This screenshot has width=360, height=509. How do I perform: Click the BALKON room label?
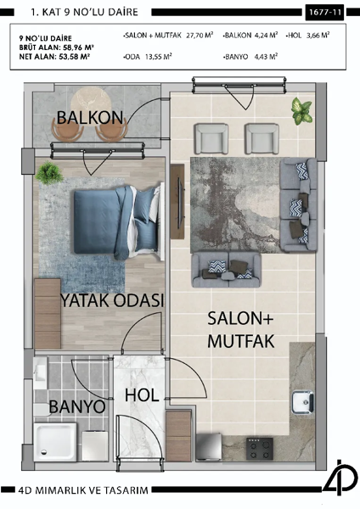click(90, 117)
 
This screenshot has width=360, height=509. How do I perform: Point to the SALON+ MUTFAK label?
click(239, 329)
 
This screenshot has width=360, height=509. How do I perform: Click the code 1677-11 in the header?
click(325, 13)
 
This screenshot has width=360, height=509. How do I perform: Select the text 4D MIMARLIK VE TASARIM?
click(83, 490)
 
